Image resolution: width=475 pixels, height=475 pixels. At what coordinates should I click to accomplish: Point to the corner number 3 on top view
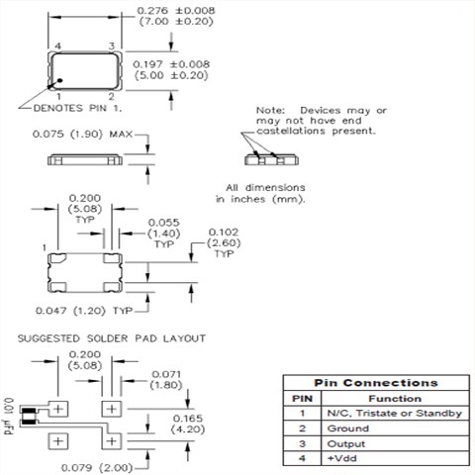(x=112, y=47)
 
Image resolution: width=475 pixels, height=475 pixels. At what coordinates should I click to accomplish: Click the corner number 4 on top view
(x=58, y=47)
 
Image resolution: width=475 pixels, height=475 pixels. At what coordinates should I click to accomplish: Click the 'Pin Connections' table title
(x=376, y=382)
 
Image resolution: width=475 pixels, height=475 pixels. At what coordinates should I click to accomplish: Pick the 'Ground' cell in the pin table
(x=347, y=428)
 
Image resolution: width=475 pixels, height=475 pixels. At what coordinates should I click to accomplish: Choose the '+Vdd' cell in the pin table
(x=341, y=459)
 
